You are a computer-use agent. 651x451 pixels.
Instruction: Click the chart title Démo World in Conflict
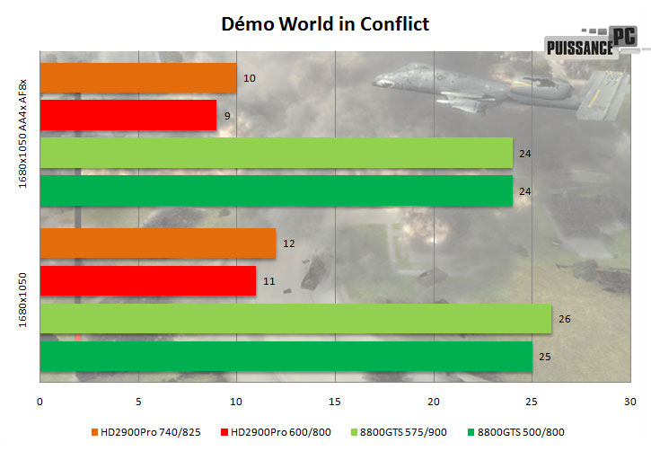coord(325,23)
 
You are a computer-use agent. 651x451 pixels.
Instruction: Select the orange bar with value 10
coord(138,78)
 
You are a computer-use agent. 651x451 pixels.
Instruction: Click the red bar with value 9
coord(128,115)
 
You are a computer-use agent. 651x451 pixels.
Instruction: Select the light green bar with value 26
coord(295,319)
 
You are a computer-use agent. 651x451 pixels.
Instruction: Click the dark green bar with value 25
coord(286,356)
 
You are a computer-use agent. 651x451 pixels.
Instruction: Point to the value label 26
coord(566,319)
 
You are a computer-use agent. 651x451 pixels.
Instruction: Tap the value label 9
coord(229,115)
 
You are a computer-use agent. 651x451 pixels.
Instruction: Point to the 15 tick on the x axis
coord(335,400)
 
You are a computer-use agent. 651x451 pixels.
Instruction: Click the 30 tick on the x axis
coord(629,400)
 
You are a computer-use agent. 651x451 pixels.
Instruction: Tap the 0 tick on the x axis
coord(40,400)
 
